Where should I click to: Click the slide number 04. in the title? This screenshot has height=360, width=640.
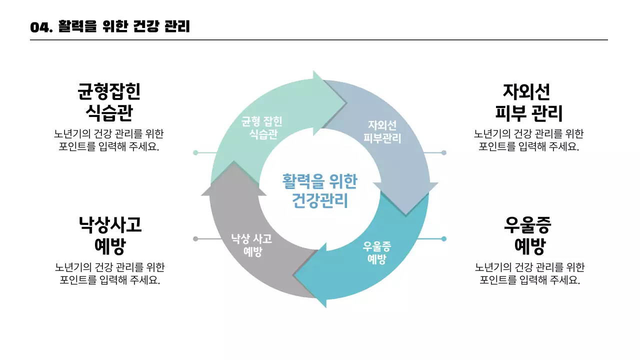coord(41,27)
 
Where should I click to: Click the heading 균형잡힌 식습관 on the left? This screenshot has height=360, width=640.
coord(109,102)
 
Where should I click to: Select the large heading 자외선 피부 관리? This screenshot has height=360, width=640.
coord(528,102)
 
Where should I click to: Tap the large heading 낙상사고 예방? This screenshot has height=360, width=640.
coord(109,235)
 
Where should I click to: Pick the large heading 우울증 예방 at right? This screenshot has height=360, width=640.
coord(529,235)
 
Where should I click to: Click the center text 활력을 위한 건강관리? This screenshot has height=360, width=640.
coord(319,190)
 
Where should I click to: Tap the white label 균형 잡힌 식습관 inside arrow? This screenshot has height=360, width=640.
coord(262,128)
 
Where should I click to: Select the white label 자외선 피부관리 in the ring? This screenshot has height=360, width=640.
coord(382,131)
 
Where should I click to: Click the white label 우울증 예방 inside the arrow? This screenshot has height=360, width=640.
coord(377,252)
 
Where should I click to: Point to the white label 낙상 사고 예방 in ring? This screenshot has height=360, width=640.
coord(252,244)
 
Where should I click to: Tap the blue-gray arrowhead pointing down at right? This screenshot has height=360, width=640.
coord(405,197)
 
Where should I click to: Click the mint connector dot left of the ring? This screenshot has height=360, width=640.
coord(195,152)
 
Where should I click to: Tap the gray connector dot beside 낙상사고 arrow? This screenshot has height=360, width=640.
coord(195,239)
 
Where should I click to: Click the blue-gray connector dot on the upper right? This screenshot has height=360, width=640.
coord(443,152)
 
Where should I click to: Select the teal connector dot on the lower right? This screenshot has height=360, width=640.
coord(443,239)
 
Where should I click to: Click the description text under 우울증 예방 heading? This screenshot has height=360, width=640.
coord(529,273)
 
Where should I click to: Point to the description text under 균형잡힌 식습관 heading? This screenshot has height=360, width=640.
coord(109,140)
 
